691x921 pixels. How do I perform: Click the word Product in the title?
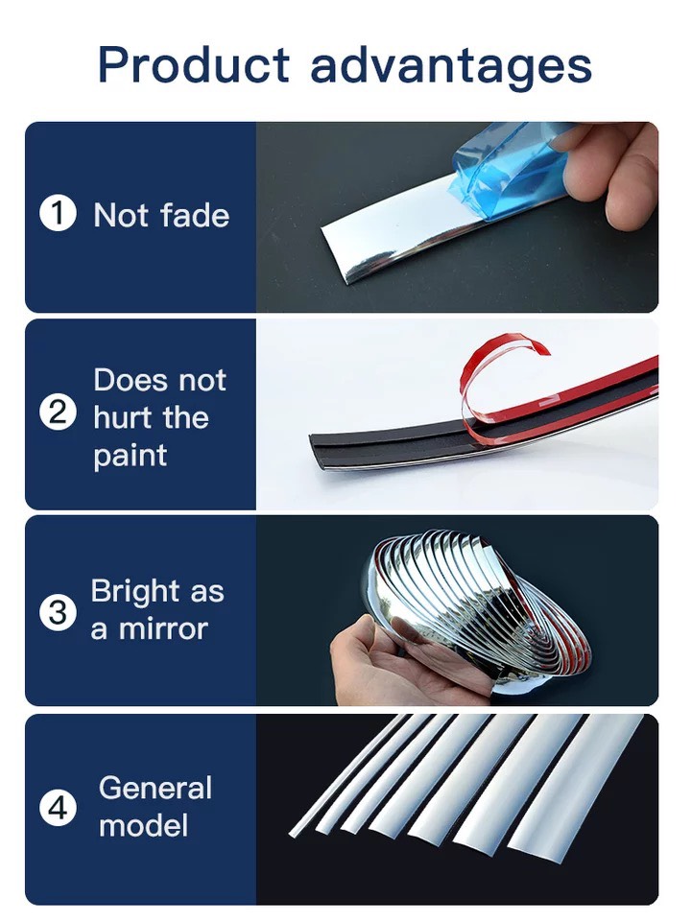point(194,63)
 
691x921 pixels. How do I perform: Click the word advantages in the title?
point(451,66)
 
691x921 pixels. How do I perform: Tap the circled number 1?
point(58,213)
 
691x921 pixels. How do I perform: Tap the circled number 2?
point(58,413)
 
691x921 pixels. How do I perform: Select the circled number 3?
point(58,612)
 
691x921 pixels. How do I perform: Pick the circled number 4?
point(58,808)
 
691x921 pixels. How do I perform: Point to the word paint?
point(131,457)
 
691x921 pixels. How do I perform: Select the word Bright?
point(135,592)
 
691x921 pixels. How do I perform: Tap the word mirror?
point(163,629)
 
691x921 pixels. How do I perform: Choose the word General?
point(155,788)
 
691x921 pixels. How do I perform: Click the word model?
point(143,825)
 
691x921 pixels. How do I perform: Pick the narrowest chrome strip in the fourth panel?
point(346,775)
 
